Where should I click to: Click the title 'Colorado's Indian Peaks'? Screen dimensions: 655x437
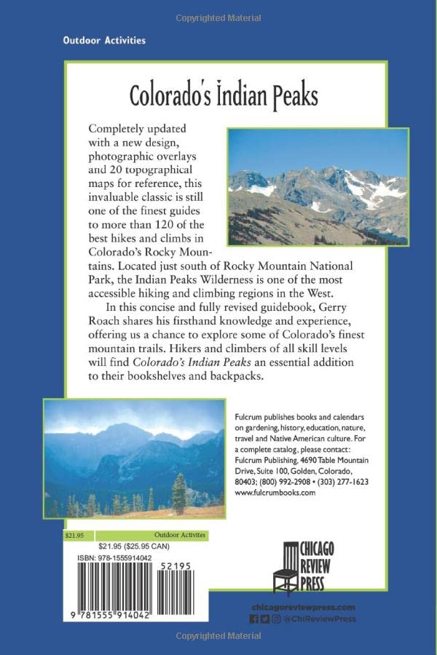[x=224, y=95]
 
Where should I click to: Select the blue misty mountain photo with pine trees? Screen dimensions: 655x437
[x=133, y=458]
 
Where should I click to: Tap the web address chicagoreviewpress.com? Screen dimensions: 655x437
[x=302, y=607]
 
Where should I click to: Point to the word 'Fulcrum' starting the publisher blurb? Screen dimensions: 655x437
[x=248, y=415]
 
